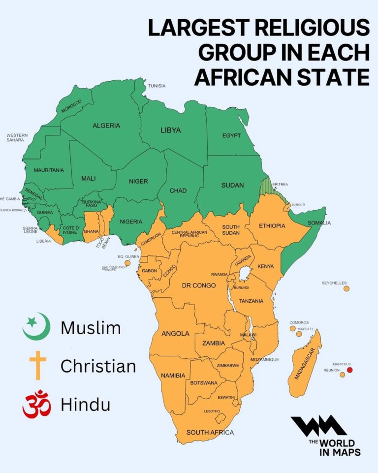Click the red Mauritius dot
click(350, 370)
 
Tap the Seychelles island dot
click(346, 288)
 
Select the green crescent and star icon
click(36, 326)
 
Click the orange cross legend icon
click(37, 365)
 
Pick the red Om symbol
click(36, 404)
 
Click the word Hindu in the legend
click(85, 404)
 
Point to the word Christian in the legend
click(98, 366)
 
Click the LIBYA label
click(171, 130)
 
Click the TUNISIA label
click(157, 86)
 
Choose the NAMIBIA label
click(173, 376)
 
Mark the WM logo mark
click(318, 426)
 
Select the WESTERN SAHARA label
click(17, 137)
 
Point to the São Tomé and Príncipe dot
click(127, 264)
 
